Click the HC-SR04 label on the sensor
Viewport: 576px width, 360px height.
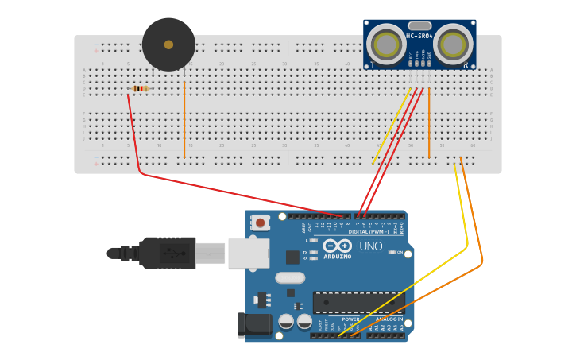(x=419, y=36)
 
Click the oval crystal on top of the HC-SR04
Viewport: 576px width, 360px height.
(x=420, y=25)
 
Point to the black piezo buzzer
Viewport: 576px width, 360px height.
(x=168, y=45)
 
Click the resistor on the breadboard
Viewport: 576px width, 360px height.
(x=141, y=88)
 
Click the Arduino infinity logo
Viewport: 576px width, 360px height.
(x=337, y=246)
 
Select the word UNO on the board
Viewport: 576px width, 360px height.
(x=370, y=246)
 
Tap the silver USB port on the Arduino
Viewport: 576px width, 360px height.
(x=249, y=253)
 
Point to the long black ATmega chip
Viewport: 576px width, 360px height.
(x=358, y=302)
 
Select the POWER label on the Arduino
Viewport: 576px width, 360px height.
(x=350, y=319)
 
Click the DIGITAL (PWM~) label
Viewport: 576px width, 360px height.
(x=368, y=231)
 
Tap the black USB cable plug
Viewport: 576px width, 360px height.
(x=167, y=253)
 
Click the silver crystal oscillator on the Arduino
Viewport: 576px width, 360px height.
(x=290, y=278)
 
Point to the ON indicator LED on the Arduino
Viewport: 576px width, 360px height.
(x=392, y=252)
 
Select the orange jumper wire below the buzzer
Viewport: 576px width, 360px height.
(x=184, y=119)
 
